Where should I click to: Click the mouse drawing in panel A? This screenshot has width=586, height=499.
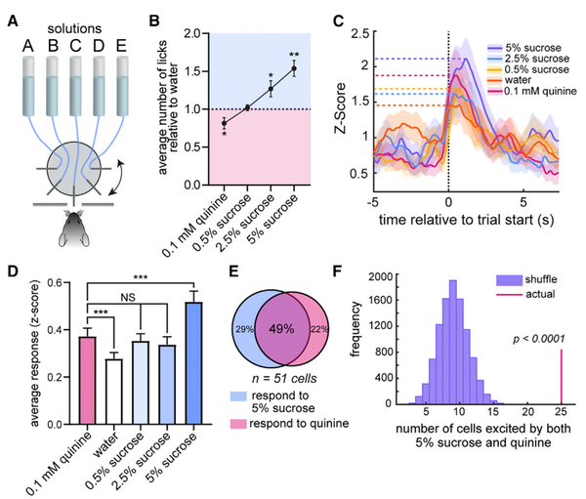(x=74, y=229)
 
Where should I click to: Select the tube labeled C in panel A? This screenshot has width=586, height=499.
(x=75, y=86)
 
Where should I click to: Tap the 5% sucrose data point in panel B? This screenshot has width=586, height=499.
(x=294, y=68)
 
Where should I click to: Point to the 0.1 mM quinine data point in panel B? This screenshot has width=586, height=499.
(x=225, y=123)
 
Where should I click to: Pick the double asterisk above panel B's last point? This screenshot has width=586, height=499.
(x=294, y=55)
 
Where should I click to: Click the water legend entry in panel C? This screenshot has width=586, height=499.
(x=509, y=80)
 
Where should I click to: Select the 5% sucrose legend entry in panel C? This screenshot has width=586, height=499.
(x=524, y=48)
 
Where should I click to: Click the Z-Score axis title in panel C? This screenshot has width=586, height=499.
(x=340, y=108)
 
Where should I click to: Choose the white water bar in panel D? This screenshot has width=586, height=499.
(x=113, y=392)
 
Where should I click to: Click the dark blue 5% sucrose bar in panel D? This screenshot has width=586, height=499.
(x=193, y=363)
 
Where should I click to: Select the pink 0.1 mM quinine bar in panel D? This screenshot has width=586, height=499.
(x=87, y=381)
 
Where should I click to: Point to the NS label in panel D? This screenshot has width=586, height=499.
(x=128, y=298)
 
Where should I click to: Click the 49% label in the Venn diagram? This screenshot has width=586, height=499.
(x=282, y=329)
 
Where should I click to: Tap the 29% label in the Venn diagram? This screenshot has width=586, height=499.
(x=244, y=329)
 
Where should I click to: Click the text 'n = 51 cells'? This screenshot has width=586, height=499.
(x=284, y=379)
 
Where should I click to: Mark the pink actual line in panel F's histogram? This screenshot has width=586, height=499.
(x=561, y=377)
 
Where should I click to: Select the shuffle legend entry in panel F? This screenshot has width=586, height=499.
(x=527, y=279)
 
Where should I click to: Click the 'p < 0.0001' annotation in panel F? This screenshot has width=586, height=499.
(x=539, y=339)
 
